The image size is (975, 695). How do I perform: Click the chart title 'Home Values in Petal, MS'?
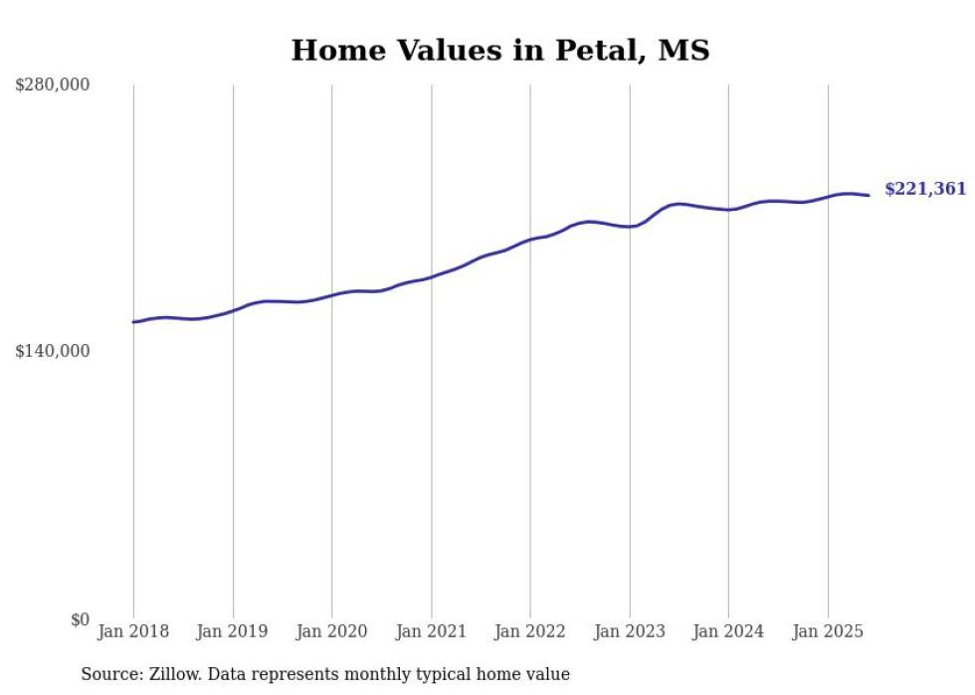[500, 51]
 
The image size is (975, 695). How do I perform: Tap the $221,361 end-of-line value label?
[925, 189]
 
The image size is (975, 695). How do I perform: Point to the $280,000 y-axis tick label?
[52, 86]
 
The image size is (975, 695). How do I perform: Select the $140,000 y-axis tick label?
[52, 351]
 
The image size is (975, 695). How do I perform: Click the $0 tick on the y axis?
[80, 619]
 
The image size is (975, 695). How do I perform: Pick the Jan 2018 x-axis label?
[133, 631]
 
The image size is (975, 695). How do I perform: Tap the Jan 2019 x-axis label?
[233, 631]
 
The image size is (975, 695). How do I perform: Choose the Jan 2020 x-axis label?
[332, 631]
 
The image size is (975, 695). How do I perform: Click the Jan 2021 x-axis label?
[431, 631]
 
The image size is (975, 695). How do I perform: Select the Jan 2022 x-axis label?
[530, 631]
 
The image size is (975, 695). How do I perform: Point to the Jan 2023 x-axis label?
[630, 631]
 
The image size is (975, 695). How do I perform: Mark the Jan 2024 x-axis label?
[729, 631]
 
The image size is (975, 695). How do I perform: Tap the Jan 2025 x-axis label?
[828, 631]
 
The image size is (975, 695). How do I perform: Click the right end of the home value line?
[869, 195]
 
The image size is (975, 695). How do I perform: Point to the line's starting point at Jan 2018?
[133, 322]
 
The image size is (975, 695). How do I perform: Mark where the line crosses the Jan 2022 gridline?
[530, 240]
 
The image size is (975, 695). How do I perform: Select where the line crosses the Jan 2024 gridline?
[729, 210]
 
